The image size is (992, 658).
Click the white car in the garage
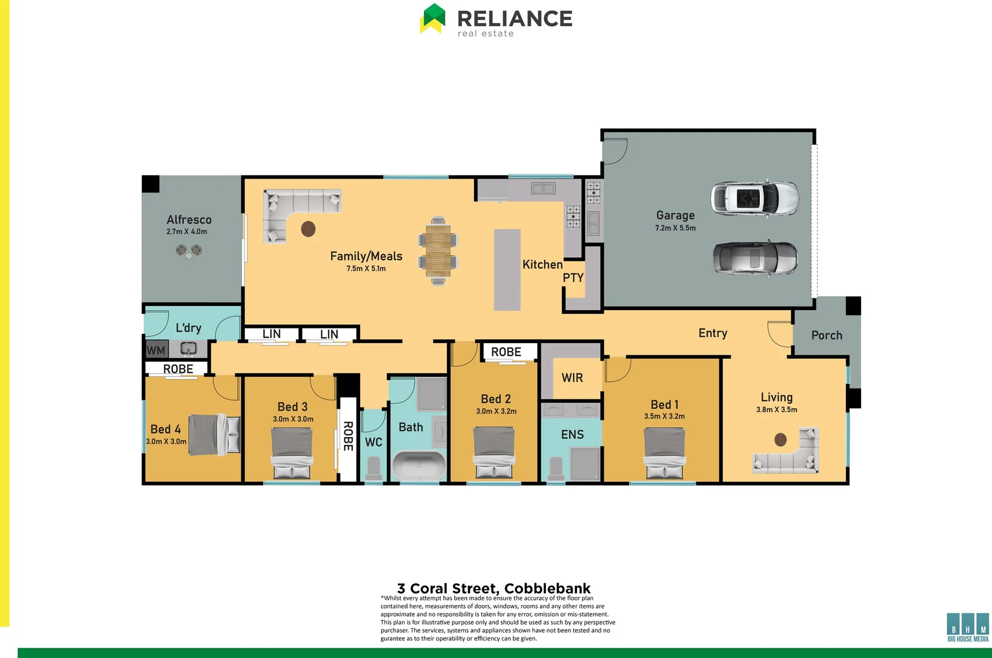(754, 198)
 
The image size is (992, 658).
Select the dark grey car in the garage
(755, 258)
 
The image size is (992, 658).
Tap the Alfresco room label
(189, 220)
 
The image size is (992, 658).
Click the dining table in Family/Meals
(438, 250)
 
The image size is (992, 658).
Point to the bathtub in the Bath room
(419, 467)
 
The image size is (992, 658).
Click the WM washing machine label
(156, 350)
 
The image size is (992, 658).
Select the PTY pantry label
(573, 278)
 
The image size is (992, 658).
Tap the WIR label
(572, 378)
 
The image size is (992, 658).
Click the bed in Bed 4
(214, 434)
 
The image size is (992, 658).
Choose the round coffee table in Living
(781, 439)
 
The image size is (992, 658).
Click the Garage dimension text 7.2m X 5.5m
(675, 228)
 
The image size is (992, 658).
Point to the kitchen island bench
(507, 269)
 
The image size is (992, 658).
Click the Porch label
(826, 336)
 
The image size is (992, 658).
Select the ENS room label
(572, 434)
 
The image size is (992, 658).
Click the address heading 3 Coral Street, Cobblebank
(494, 589)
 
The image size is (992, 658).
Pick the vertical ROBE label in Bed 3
(348, 436)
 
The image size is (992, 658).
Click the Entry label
(712, 333)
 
